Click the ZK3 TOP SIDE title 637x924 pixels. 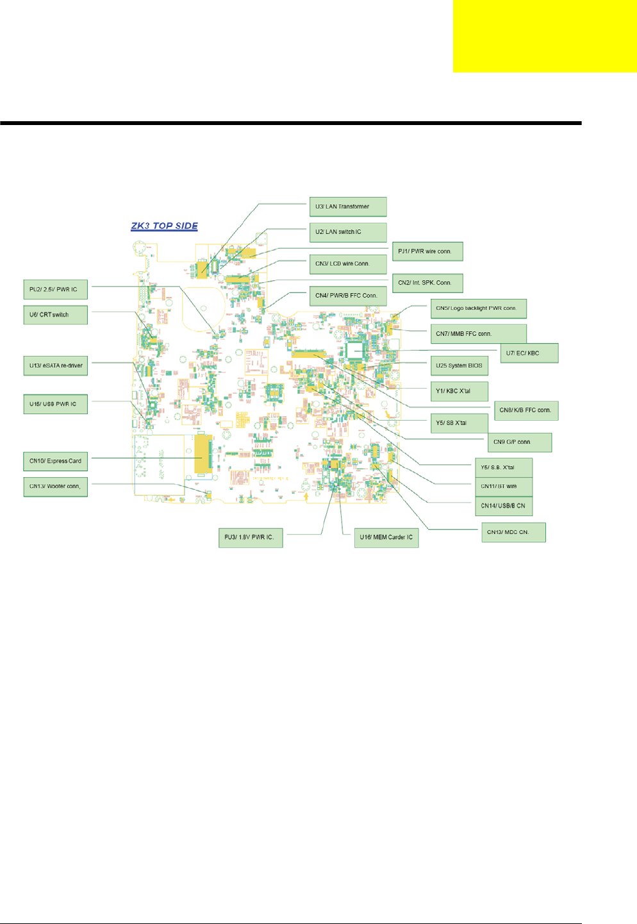[x=164, y=226]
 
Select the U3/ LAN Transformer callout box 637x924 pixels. [x=348, y=206]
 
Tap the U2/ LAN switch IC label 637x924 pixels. [x=348, y=232]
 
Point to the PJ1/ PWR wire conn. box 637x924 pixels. [x=427, y=251]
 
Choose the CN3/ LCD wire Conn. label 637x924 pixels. [x=348, y=264]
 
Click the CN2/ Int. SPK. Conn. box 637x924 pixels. [x=427, y=283]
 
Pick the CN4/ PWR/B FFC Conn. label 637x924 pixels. [x=348, y=296]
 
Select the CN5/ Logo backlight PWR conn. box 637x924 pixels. [x=478, y=308]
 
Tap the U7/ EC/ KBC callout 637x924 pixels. [x=529, y=353]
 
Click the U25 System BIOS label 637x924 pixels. [x=459, y=365]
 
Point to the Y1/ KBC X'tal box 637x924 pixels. [x=459, y=391]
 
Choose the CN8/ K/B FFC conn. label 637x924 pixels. [x=526, y=410]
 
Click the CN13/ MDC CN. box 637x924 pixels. [x=513, y=532]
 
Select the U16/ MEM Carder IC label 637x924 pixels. [x=386, y=537]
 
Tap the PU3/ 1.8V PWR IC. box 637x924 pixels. [x=251, y=537]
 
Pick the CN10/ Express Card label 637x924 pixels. [x=56, y=461]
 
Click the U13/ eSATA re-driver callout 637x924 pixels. [x=56, y=365]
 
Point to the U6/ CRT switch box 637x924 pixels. [x=56, y=315]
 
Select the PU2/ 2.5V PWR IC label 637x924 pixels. [x=56, y=289]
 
